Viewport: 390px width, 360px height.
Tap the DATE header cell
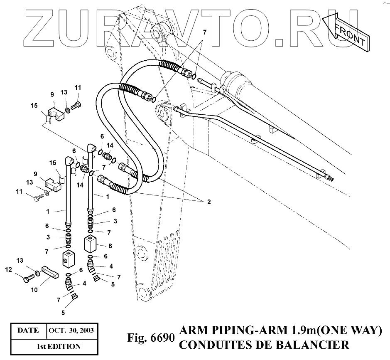coord(28,331)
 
